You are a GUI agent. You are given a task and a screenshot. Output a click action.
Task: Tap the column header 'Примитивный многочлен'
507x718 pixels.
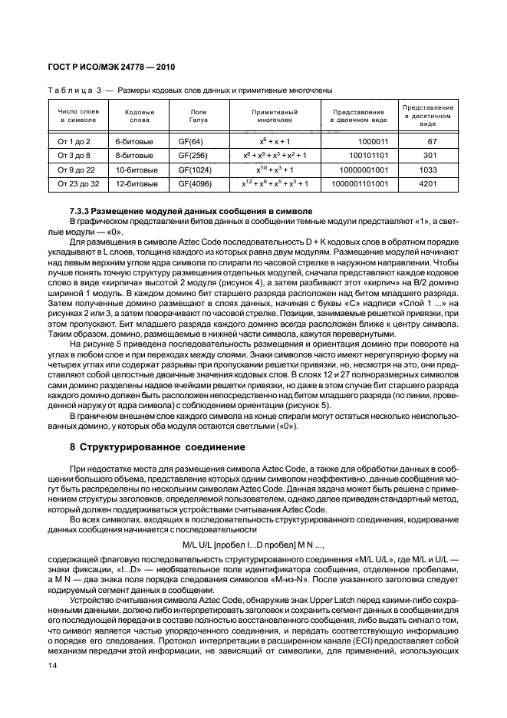275,116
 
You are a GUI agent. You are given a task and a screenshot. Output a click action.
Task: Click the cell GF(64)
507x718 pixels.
189,142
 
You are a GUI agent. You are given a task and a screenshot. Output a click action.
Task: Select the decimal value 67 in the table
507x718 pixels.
432,142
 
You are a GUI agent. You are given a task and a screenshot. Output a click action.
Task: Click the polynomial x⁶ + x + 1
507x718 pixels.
275,142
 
